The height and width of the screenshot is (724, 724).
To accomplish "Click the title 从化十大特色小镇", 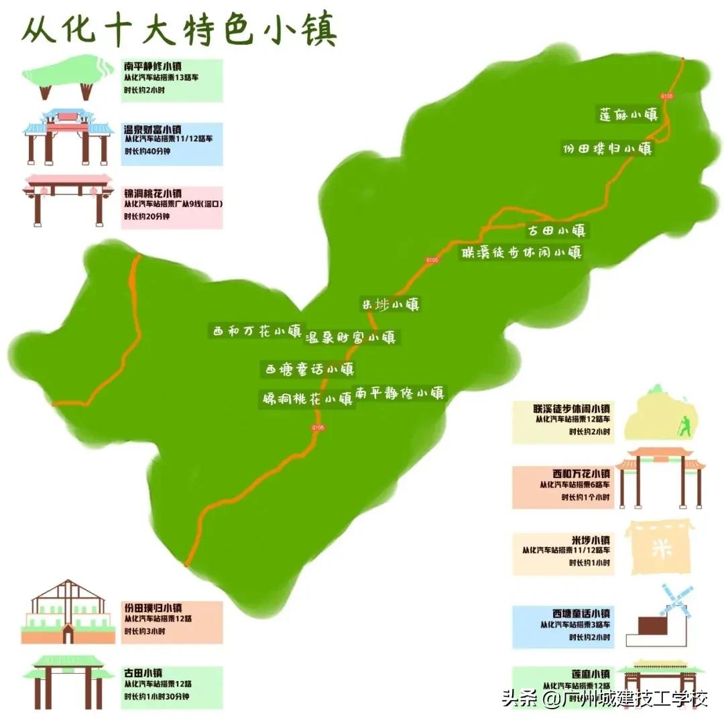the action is (x=179, y=30).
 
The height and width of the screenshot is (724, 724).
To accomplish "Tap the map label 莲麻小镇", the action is (x=627, y=114).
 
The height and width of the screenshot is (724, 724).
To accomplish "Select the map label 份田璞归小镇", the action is (x=607, y=149).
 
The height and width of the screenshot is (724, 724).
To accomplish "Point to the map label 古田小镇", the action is (x=556, y=231).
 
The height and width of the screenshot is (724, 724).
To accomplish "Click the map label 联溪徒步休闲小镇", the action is (x=521, y=253).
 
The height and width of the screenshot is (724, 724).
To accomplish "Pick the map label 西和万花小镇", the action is (x=257, y=330).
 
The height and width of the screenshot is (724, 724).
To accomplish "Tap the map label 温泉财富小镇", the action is (x=351, y=337).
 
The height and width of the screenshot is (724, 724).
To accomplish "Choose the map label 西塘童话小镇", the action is (x=308, y=369).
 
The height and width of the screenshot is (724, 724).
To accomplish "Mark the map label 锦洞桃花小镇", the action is (x=308, y=399).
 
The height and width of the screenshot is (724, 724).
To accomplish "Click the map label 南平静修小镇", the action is (x=400, y=393).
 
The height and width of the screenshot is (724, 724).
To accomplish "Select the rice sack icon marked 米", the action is (x=656, y=547).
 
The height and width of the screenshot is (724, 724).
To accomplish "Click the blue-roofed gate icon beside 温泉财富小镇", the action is (x=68, y=137).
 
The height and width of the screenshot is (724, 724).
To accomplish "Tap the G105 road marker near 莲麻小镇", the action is (x=666, y=97).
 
